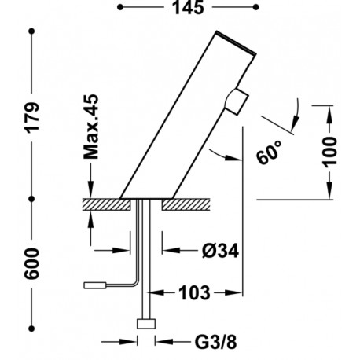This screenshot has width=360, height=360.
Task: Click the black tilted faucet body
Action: [x=189, y=118]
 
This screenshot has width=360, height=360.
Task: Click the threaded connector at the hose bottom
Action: [x=145, y=323]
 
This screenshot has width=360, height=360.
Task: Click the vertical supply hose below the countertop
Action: [x=145, y=259]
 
